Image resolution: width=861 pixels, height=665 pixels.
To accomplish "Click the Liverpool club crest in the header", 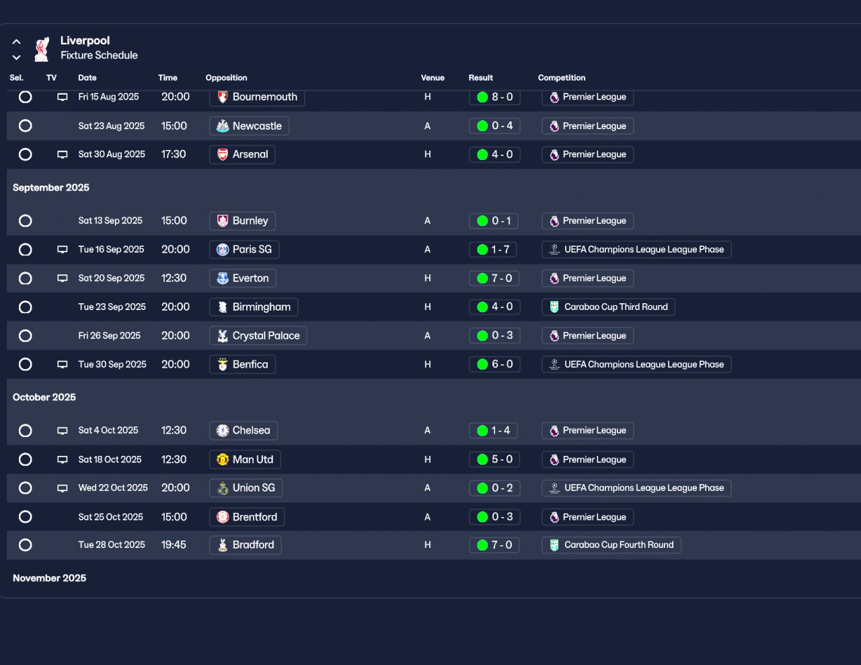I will pyautogui.click(x=42, y=48).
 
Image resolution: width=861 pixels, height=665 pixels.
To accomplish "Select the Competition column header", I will pyautogui.click(x=561, y=78).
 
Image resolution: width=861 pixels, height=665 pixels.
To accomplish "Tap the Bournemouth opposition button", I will pyautogui.click(x=257, y=97).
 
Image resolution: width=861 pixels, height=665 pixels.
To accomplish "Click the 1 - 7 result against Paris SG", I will pyautogui.click(x=494, y=249).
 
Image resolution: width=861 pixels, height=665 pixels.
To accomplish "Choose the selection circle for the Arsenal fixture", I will pyautogui.click(x=26, y=155).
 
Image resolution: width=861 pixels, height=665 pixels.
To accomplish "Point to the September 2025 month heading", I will pyautogui.click(x=51, y=188).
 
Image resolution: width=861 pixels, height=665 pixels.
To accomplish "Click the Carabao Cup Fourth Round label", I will pyautogui.click(x=611, y=545).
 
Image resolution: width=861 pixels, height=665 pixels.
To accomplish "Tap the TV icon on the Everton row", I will pyautogui.click(x=63, y=278).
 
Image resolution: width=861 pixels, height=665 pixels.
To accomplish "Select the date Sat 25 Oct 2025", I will pyautogui.click(x=110, y=517).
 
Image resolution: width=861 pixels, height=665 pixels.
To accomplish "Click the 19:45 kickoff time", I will pyautogui.click(x=174, y=545).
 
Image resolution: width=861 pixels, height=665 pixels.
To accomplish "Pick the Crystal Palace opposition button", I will pyautogui.click(x=258, y=336).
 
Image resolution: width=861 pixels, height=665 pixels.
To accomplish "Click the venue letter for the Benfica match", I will pyautogui.click(x=427, y=364).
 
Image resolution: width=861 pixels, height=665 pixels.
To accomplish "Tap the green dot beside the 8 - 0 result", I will pyautogui.click(x=482, y=97).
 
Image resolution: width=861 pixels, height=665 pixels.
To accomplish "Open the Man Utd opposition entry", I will pyautogui.click(x=245, y=460).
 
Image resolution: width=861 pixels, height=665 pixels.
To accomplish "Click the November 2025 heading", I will pyautogui.click(x=49, y=578).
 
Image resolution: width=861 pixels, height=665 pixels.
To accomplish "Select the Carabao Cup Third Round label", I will pyautogui.click(x=608, y=307).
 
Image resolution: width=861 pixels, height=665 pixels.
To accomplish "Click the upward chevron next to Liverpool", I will pyautogui.click(x=17, y=42).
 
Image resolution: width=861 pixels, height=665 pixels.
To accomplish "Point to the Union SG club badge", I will pyautogui.click(x=223, y=488).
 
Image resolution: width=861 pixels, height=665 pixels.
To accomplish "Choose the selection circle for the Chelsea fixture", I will pyautogui.click(x=26, y=431).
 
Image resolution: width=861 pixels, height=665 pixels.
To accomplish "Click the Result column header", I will pyautogui.click(x=480, y=78).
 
